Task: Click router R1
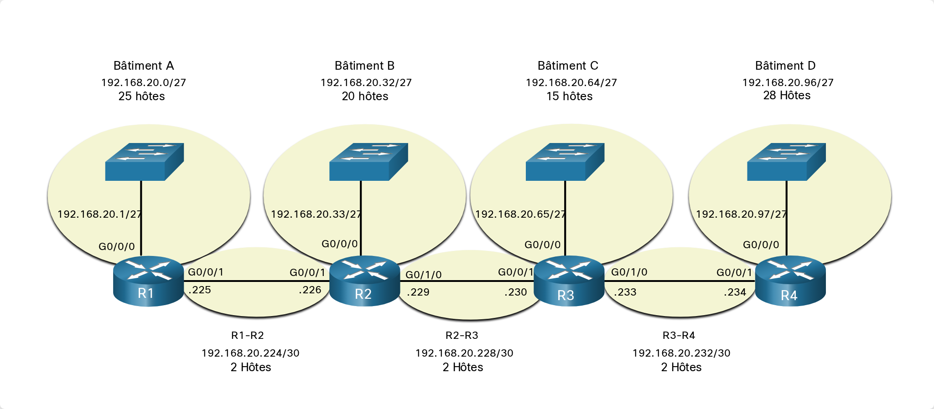(148, 281)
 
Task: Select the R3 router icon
(569, 281)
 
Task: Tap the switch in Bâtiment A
(145, 162)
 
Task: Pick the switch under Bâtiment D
(786, 162)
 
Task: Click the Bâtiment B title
(364, 66)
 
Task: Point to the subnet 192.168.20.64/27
(571, 83)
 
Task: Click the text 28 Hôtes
(787, 96)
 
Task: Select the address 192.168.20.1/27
(100, 214)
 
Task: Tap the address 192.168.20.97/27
(742, 214)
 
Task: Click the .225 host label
(200, 290)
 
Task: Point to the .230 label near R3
(516, 292)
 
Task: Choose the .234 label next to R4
(735, 292)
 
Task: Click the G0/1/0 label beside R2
(424, 275)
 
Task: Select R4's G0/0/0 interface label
(761, 245)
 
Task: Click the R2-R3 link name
(462, 336)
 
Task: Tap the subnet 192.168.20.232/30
(681, 353)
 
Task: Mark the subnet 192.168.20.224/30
(250, 353)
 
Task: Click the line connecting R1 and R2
(257, 281)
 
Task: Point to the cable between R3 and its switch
(565, 219)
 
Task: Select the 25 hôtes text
(142, 97)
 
